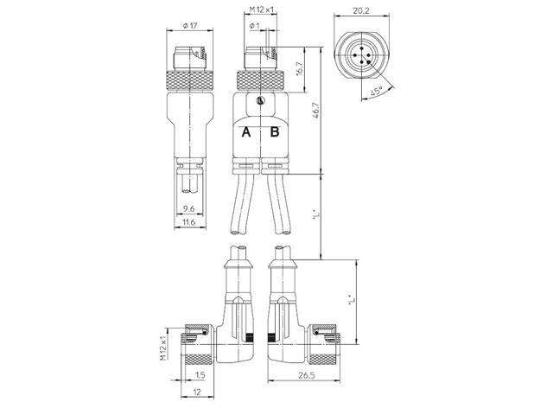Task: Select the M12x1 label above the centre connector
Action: pos(260,10)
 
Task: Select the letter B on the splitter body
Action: pos(274,132)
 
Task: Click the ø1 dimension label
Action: pos(254,25)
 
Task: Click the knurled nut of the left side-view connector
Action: pos(189,80)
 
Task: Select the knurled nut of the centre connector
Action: pos(260,80)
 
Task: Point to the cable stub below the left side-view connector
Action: pos(190,182)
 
